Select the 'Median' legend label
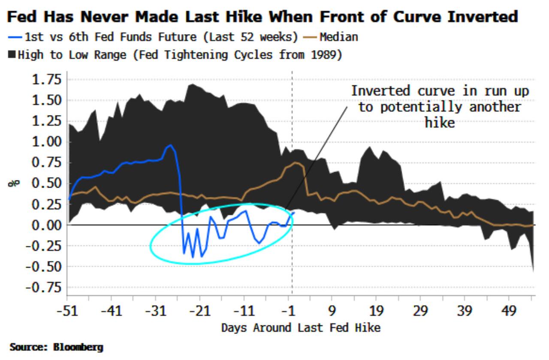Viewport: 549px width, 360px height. coord(338,37)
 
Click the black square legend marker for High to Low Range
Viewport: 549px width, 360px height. coord(12,55)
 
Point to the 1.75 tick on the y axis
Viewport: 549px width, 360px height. coord(48,80)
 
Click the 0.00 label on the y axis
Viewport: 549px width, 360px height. coord(48,225)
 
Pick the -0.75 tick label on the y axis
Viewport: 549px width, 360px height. coord(44,287)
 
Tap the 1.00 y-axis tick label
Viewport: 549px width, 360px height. coord(48,142)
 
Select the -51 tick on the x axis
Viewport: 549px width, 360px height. coord(67,310)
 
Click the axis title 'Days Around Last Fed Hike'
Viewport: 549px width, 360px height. coord(301,328)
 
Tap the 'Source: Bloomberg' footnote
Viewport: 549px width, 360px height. coord(56,347)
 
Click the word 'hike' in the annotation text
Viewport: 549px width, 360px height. coord(439,123)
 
